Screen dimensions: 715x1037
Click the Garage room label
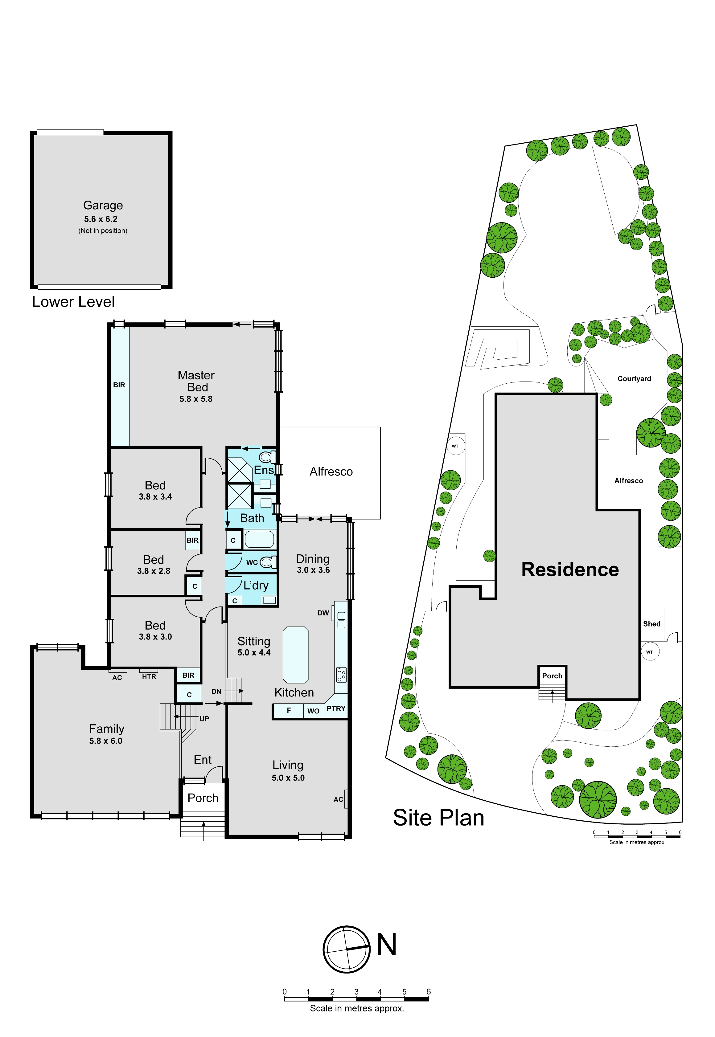point(103,206)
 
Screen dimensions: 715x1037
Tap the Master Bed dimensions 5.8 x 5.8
point(196,399)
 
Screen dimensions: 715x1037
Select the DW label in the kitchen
point(323,613)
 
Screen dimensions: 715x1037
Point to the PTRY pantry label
point(336,708)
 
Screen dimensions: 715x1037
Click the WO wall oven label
point(313,711)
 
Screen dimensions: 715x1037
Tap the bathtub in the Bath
point(259,540)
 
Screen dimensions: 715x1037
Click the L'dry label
point(256,586)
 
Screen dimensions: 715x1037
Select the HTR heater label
point(149,676)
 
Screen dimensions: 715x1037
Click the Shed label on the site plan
point(652,624)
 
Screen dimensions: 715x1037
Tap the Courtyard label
point(634,379)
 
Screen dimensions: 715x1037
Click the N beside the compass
point(387,945)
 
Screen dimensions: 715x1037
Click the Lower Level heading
point(73,302)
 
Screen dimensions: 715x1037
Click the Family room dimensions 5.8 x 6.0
point(106,741)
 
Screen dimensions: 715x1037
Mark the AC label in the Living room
point(338,799)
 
